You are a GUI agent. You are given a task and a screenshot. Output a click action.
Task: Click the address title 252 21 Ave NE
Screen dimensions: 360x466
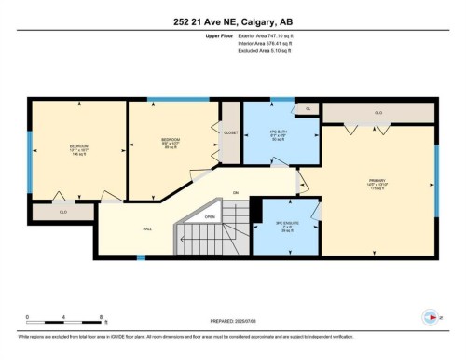coord(232,22)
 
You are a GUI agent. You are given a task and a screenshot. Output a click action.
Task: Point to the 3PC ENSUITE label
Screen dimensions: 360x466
coord(284,224)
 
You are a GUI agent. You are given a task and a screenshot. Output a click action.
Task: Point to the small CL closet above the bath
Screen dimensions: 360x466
coord(307,108)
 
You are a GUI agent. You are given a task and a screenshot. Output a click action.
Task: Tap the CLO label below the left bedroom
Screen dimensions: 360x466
coord(63,213)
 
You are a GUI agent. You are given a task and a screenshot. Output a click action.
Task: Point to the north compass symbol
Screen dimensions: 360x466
coord(428,316)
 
